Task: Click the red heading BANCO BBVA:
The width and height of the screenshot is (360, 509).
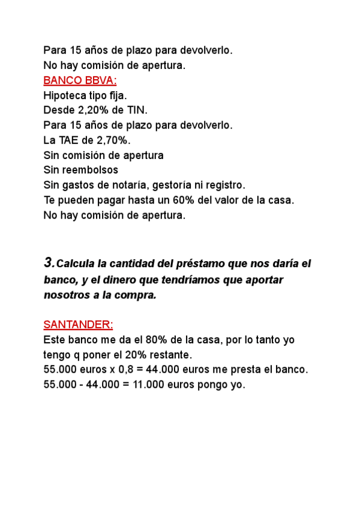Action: (x=80, y=80)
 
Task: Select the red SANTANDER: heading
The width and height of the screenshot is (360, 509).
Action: (x=78, y=325)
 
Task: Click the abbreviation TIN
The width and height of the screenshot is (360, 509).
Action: (x=136, y=110)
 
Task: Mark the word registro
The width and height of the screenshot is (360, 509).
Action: (x=223, y=185)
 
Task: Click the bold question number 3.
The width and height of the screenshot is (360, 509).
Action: (x=49, y=263)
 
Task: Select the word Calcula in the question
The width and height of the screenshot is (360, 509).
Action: (x=79, y=264)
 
